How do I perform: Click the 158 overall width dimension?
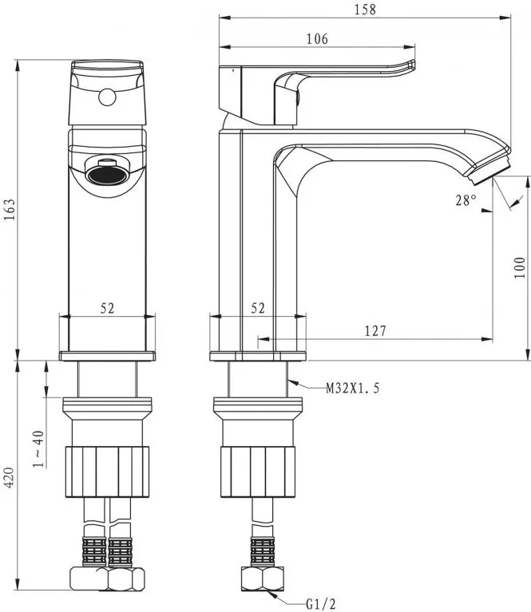click(365, 10)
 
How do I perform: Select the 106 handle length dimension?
click(317, 38)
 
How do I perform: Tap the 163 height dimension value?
click(10, 210)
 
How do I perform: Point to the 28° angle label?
click(466, 199)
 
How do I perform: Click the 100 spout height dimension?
click(519, 267)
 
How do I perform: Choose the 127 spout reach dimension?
click(375, 331)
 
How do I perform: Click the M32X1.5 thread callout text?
click(353, 388)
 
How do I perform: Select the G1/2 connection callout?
click(321, 604)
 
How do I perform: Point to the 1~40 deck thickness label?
click(38, 449)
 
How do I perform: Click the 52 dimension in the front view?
click(108, 308)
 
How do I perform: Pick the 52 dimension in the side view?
click(258, 308)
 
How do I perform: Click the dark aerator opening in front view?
click(108, 175)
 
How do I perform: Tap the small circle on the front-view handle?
click(107, 97)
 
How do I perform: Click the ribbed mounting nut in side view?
click(258, 472)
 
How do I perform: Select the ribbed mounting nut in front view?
click(107, 472)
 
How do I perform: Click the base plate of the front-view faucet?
click(108, 356)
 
